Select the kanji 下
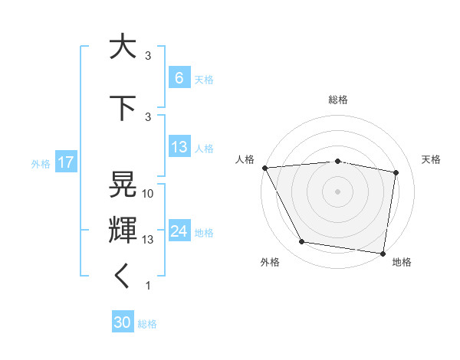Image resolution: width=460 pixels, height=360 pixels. click(123, 109)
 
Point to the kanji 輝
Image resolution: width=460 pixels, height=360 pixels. click(123, 228)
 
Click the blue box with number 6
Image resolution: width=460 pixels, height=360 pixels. click(179, 78)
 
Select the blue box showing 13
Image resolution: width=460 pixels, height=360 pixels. click(179, 147)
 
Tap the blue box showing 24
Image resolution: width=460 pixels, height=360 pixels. click(179, 231)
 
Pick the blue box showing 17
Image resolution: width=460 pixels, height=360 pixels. click(65, 162)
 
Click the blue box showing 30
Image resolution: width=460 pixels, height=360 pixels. click(123, 322)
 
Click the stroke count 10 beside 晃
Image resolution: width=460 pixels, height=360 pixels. click(149, 194)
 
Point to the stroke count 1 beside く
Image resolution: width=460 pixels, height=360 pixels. click(148, 286)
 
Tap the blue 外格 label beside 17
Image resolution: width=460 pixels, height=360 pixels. click(40, 163)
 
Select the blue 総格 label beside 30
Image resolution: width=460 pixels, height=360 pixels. click(147, 323)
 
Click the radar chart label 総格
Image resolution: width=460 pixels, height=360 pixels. click(337, 100)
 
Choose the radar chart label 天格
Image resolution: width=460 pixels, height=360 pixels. click(432, 159)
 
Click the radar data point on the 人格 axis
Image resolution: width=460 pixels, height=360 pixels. click(264, 167)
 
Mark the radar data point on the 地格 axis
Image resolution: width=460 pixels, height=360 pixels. click(383, 253)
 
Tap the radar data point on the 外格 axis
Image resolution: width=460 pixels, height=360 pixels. click(302, 242)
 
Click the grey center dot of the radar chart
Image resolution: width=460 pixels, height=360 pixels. click(337, 191)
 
